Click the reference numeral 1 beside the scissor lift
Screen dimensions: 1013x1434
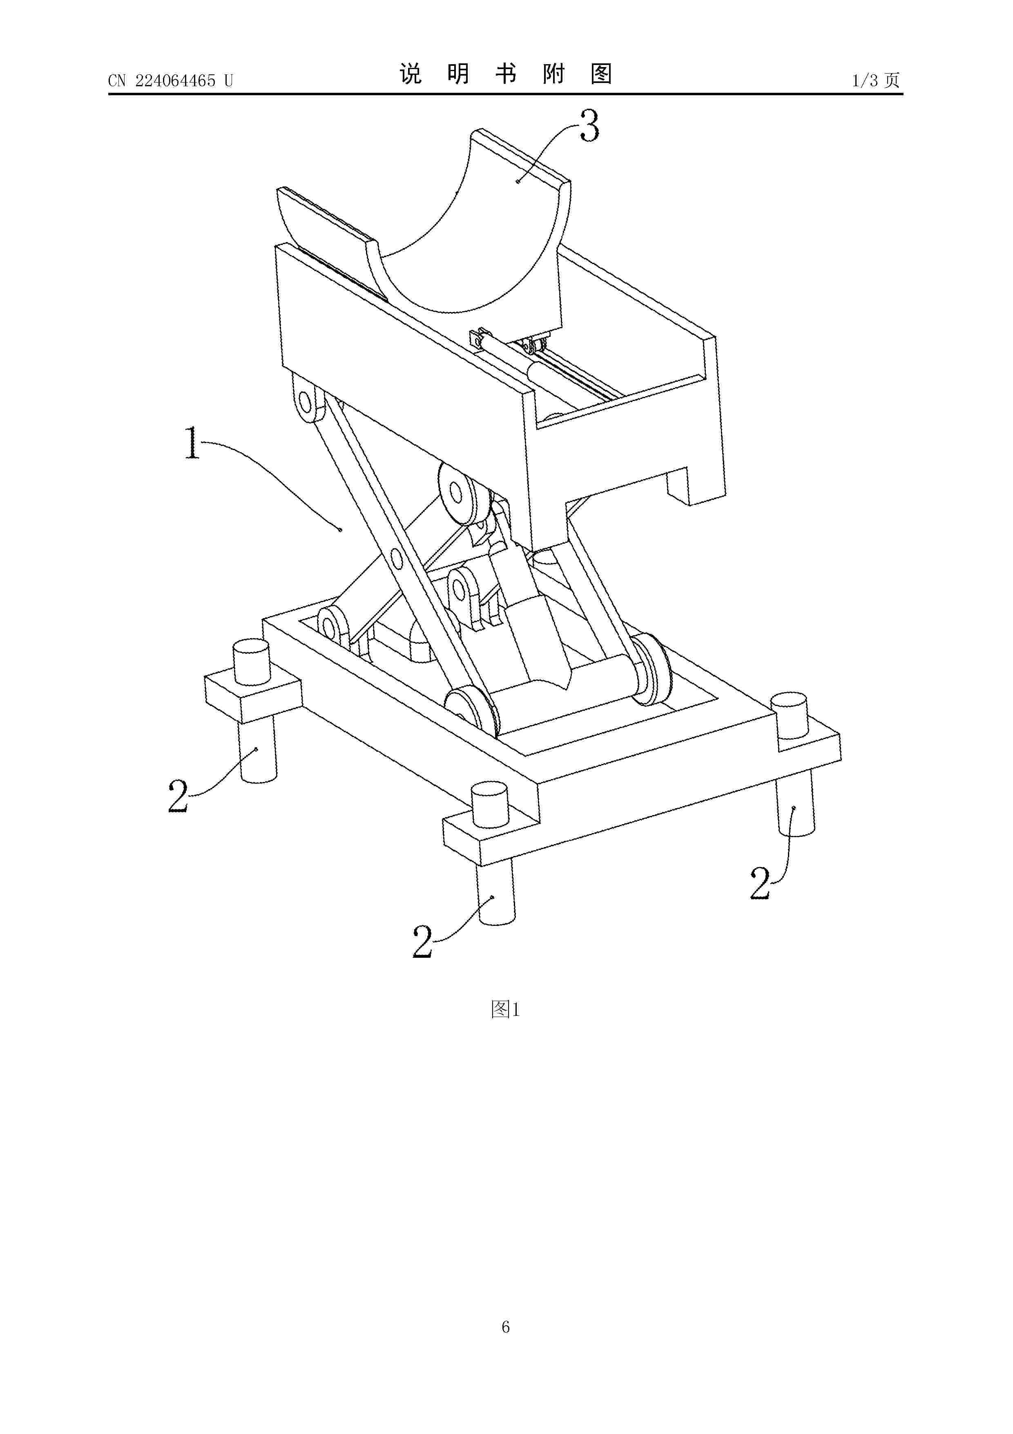click(x=193, y=442)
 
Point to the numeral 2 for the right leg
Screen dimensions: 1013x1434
click(x=760, y=883)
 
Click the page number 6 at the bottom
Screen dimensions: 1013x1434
click(x=506, y=1344)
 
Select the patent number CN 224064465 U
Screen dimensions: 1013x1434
click(x=170, y=81)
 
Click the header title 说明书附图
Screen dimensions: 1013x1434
click(x=506, y=74)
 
